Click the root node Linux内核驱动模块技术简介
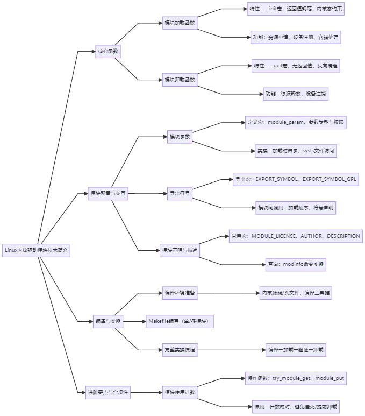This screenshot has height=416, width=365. click(x=37, y=250)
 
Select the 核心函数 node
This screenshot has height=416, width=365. click(x=107, y=52)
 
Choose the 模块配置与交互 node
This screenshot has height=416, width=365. click(x=108, y=193)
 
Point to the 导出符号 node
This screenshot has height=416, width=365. click(x=179, y=193)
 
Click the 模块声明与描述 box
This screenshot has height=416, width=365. click(x=180, y=250)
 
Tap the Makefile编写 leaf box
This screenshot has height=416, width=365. click(x=178, y=321)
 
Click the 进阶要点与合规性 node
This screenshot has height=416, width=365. click(x=108, y=392)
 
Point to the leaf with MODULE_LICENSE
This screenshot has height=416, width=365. click(x=295, y=236)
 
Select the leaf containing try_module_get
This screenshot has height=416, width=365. click(x=296, y=378)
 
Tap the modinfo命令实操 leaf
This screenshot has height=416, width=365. click(x=296, y=265)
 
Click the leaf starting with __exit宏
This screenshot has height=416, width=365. click(x=296, y=66)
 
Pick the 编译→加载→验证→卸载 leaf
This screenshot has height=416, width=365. click(x=295, y=350)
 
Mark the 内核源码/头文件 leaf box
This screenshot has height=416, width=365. click(x=295, y=293)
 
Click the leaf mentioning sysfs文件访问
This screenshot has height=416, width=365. click(x=296, y=151)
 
